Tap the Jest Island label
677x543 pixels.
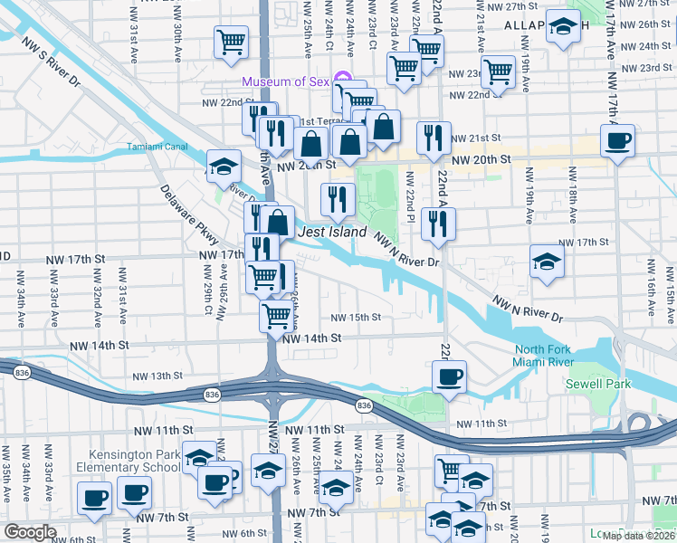click(332, 233)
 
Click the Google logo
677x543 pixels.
click(30, 532)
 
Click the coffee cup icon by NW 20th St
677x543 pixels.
click(617, 141)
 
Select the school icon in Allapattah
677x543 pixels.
click(563, 29)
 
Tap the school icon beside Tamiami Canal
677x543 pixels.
click(224, 167)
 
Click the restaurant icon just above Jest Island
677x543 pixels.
click(338, 199)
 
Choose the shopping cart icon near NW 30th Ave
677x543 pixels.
click(231, 41)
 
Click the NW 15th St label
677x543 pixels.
click(355, 318)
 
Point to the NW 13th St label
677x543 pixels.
click(157, 376)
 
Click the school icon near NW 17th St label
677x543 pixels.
click(547, 262)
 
